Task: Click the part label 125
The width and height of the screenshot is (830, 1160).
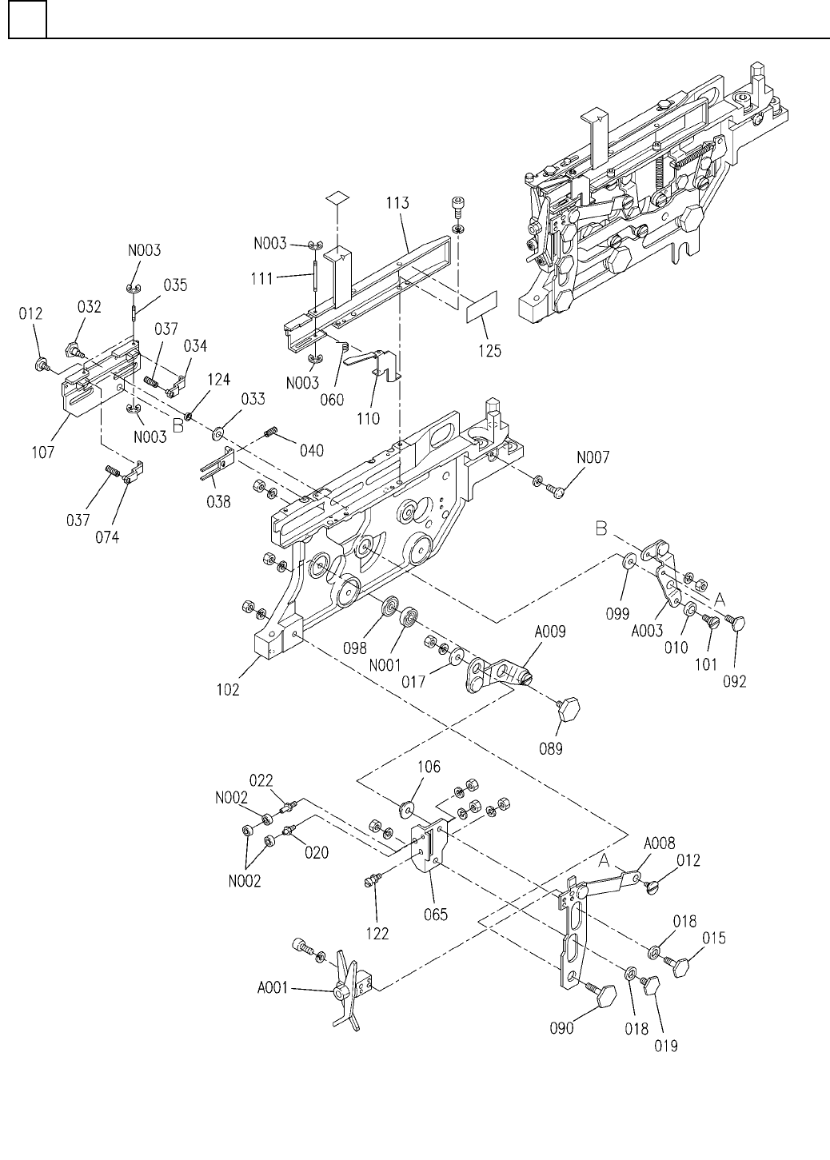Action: pyautogui.click(x=489, y=351)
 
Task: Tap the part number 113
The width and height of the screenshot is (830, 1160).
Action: pyautogui.click(x=397, y=204)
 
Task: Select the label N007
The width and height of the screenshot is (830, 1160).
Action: pyautogui.click(x=592, y=458)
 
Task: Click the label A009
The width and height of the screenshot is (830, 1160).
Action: pyautogui.click(x=551, y=632)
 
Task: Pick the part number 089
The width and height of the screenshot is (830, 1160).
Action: pyautogui.click(x=550, y=749)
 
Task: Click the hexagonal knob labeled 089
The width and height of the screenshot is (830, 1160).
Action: pyautogui.click(x=569, y=709)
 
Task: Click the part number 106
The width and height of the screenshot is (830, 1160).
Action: pyautogui.click(x=428, y=768)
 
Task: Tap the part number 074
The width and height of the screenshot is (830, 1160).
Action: pyautogui.click(x=107, y=537)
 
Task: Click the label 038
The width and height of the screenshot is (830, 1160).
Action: pyautogui.click(x=218, y=502)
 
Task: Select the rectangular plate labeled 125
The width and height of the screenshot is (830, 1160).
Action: pyautogui.click(x=482, y=308)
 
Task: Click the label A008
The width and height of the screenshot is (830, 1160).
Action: pyautogui.click(x=659, y=843)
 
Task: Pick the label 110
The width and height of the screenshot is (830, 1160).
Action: pyautogui.click(x=369, y=418)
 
